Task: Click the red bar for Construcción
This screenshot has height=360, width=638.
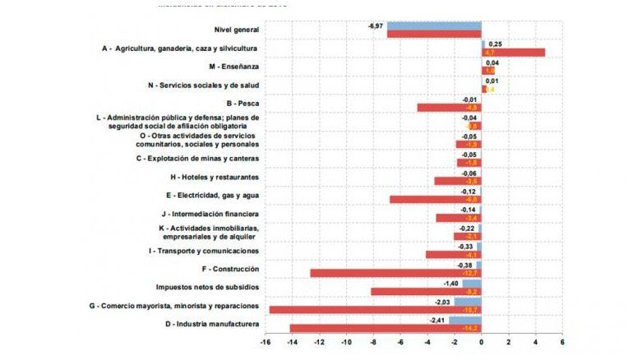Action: click(395, 273)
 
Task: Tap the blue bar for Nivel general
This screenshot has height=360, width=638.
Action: click(434, 25)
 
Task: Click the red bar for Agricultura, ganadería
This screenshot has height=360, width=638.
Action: click(513, 53)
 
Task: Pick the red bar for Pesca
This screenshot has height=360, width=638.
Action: click(449, 108)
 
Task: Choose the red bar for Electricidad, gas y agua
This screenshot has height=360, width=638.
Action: click(435, 200)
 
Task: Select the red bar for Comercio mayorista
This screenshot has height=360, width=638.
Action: click(375, 310)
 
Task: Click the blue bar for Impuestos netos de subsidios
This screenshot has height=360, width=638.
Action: click(471, 283)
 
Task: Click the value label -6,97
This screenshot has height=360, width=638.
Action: click(376, 26)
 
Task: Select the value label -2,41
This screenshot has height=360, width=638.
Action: click(437, 320)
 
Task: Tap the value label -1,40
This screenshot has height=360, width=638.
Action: click(451, 283)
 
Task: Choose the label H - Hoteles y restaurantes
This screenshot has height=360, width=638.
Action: click(215, 177)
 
